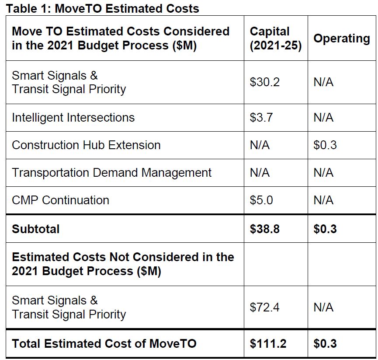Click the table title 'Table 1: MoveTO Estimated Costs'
pos(102,8)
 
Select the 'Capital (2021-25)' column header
pos(275,38)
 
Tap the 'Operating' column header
pos(341,38)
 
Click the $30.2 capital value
pos(264,82)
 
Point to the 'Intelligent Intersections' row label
pos(73,118)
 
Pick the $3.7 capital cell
pos(262,118)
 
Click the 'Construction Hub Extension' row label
pos(86,145)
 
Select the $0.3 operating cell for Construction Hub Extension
pos(325,145)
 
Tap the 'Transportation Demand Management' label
pos(111,173)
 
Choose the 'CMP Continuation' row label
pos(60,200)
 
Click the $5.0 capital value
pos(261,200)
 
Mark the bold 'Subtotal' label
pos(35,229)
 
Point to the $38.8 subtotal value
pos(264,229)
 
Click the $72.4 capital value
pos(264,308)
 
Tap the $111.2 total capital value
pos(268,344)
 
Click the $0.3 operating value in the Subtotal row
pos(325,229)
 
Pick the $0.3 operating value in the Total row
pos(325,344)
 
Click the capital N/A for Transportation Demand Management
pos(260,173)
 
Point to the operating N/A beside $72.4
pos(323,308)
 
